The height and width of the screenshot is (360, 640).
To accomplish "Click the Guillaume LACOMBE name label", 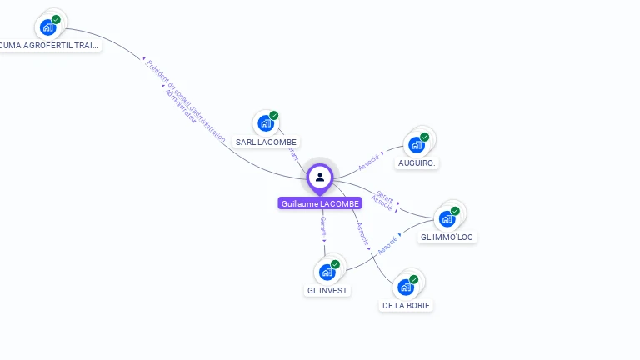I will (320, 203).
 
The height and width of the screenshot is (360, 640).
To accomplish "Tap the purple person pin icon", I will (320, 177).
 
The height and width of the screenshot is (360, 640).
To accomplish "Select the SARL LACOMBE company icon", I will (266, 123).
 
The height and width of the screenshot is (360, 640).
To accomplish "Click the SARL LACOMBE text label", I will (266, 142).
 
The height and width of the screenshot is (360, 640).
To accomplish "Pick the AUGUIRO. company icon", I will (417, 144).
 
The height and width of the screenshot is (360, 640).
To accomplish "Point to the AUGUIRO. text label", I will (417, 163).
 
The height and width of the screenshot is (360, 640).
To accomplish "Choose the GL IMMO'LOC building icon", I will (447, 218).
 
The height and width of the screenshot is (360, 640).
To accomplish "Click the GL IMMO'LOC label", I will (447, 237).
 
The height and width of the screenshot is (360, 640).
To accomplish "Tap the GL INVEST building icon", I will (327, 272).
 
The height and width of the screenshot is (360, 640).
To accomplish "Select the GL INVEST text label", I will (327, 291).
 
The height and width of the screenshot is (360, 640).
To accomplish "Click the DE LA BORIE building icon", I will (406, 287).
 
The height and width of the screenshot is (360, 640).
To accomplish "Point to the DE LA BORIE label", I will (407, 306).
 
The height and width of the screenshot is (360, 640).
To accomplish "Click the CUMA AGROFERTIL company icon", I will (47, 27).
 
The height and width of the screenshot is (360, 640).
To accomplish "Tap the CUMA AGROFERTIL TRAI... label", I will (50, 46).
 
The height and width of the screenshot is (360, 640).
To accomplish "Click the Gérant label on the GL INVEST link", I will (323, 225).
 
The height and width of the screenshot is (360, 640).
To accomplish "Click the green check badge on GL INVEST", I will (335, 264).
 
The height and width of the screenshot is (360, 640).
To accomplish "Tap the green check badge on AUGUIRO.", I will (425, 137).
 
